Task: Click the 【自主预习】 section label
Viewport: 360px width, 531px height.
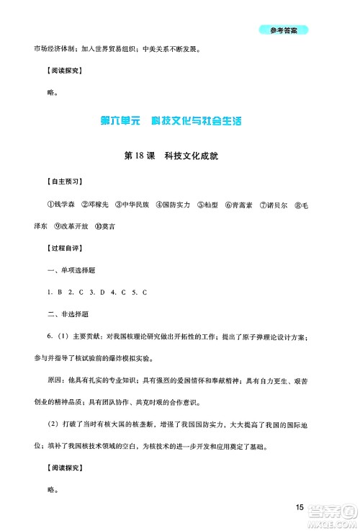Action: coord(44,182)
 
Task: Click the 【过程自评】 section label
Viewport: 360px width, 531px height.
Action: coord(44,249)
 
